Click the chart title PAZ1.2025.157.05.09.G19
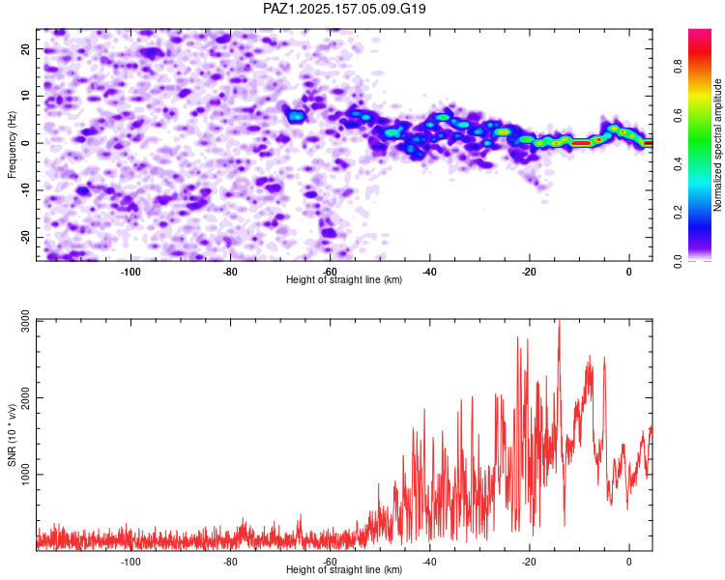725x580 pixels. [x=344, y=9]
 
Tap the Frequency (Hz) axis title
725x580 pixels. [x=12, y=145]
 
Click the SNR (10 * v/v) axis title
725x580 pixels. [x=12, y=435]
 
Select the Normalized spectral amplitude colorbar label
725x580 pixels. [x=717, y=145]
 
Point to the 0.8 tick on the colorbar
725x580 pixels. [x=678, y=67]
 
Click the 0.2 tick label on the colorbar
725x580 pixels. [x=678, y=213]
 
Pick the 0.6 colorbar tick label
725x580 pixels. [x=678, y=116]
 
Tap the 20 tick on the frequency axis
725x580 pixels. [x=26, y=49]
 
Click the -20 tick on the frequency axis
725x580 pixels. [x=26, y=237]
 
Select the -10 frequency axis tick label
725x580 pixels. [x=26, y=190]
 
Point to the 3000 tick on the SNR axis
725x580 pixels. [x=26, y=321]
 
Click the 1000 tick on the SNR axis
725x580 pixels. [x=26, y=475]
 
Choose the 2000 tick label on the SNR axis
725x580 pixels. [x=26, y=397]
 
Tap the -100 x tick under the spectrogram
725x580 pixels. [x=130, y=272]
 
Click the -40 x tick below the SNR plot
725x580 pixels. [x=429, y=562]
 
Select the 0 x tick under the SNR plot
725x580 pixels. [x=629, y=562]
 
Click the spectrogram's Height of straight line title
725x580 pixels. [x=344, y=279]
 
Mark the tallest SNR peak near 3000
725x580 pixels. [x=560, y=320]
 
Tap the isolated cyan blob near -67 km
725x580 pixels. [x=296, y=116]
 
